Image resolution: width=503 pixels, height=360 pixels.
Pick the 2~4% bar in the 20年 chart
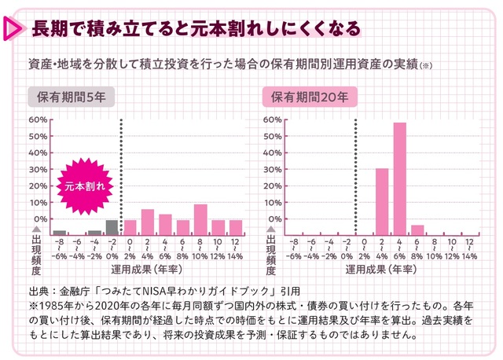(x=382, y=201)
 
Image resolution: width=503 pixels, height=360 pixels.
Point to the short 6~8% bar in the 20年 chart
(x=417, y=230)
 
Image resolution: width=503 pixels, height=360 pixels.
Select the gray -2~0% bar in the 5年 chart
(x=112, y=227)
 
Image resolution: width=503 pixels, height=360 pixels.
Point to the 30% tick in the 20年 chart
(x=274, y=169)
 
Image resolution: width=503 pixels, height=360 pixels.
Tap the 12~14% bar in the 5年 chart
(x=236, y=227)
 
